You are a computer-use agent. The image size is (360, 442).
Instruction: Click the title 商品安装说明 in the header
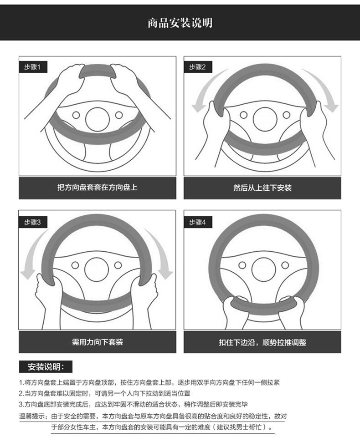tap(180, 23)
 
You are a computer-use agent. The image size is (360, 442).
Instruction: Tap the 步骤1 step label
tap(32, 67)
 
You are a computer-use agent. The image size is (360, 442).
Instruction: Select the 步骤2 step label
tap(198, 67)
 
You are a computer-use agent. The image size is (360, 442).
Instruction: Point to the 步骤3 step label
tap(32, 222)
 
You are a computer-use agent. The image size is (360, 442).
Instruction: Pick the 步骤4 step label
tap(198, 222)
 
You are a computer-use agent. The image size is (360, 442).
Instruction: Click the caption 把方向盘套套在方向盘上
tap(97, 188)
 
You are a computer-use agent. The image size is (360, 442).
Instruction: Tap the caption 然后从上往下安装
tap(262, 188)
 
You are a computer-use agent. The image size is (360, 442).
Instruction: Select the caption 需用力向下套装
tap(97, 342)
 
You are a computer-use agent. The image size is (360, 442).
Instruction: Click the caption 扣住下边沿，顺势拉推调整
tap(262, 342)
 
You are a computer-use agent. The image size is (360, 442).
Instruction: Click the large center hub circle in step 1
tap(97, 119)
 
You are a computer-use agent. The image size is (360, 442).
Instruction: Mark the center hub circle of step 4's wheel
tap(263, 269)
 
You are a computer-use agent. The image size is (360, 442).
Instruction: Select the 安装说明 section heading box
tap(46, 367)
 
